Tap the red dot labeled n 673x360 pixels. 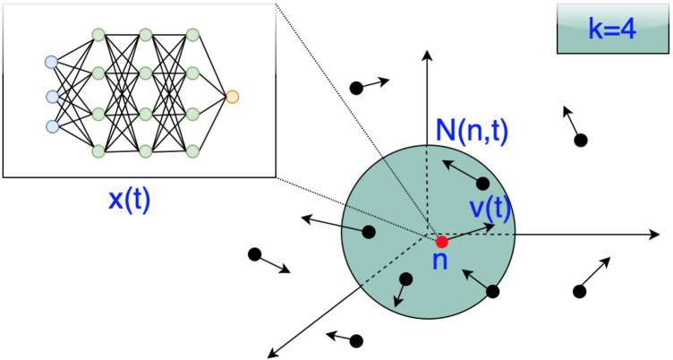(x=441, y=242)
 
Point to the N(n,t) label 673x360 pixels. (x=472, y=133)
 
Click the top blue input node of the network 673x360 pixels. (x=51, y=62)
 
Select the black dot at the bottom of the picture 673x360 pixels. (x=357, y=340)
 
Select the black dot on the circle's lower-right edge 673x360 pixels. (x=492, y=291)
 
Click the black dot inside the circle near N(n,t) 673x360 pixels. (x=483, y=184)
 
